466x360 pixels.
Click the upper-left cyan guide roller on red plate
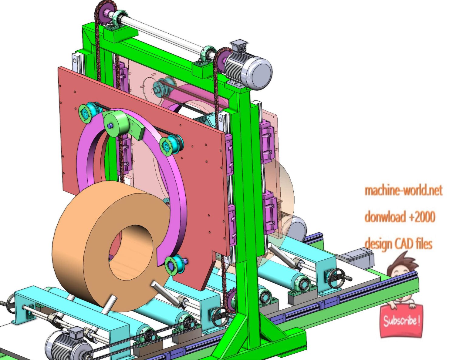point(86,113)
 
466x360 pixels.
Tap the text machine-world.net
point(403,190)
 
